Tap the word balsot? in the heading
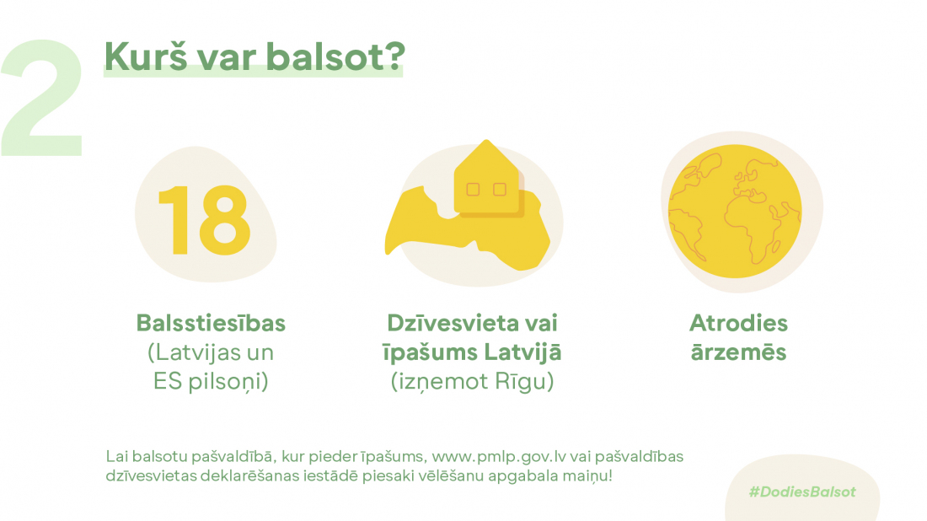click(335, 56)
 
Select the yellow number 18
click(205, 220)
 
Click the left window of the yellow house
click(473, 189)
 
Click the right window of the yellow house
click(500, 189)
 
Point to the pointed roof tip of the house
click(486, 140)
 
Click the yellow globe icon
click(735, 211)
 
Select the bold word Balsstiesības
click(211, 324)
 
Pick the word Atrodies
click(738, 324)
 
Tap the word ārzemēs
click(738, 352)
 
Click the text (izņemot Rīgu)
click(473, 381)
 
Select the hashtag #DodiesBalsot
click(802, 492)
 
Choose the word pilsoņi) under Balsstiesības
click(228, 381)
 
